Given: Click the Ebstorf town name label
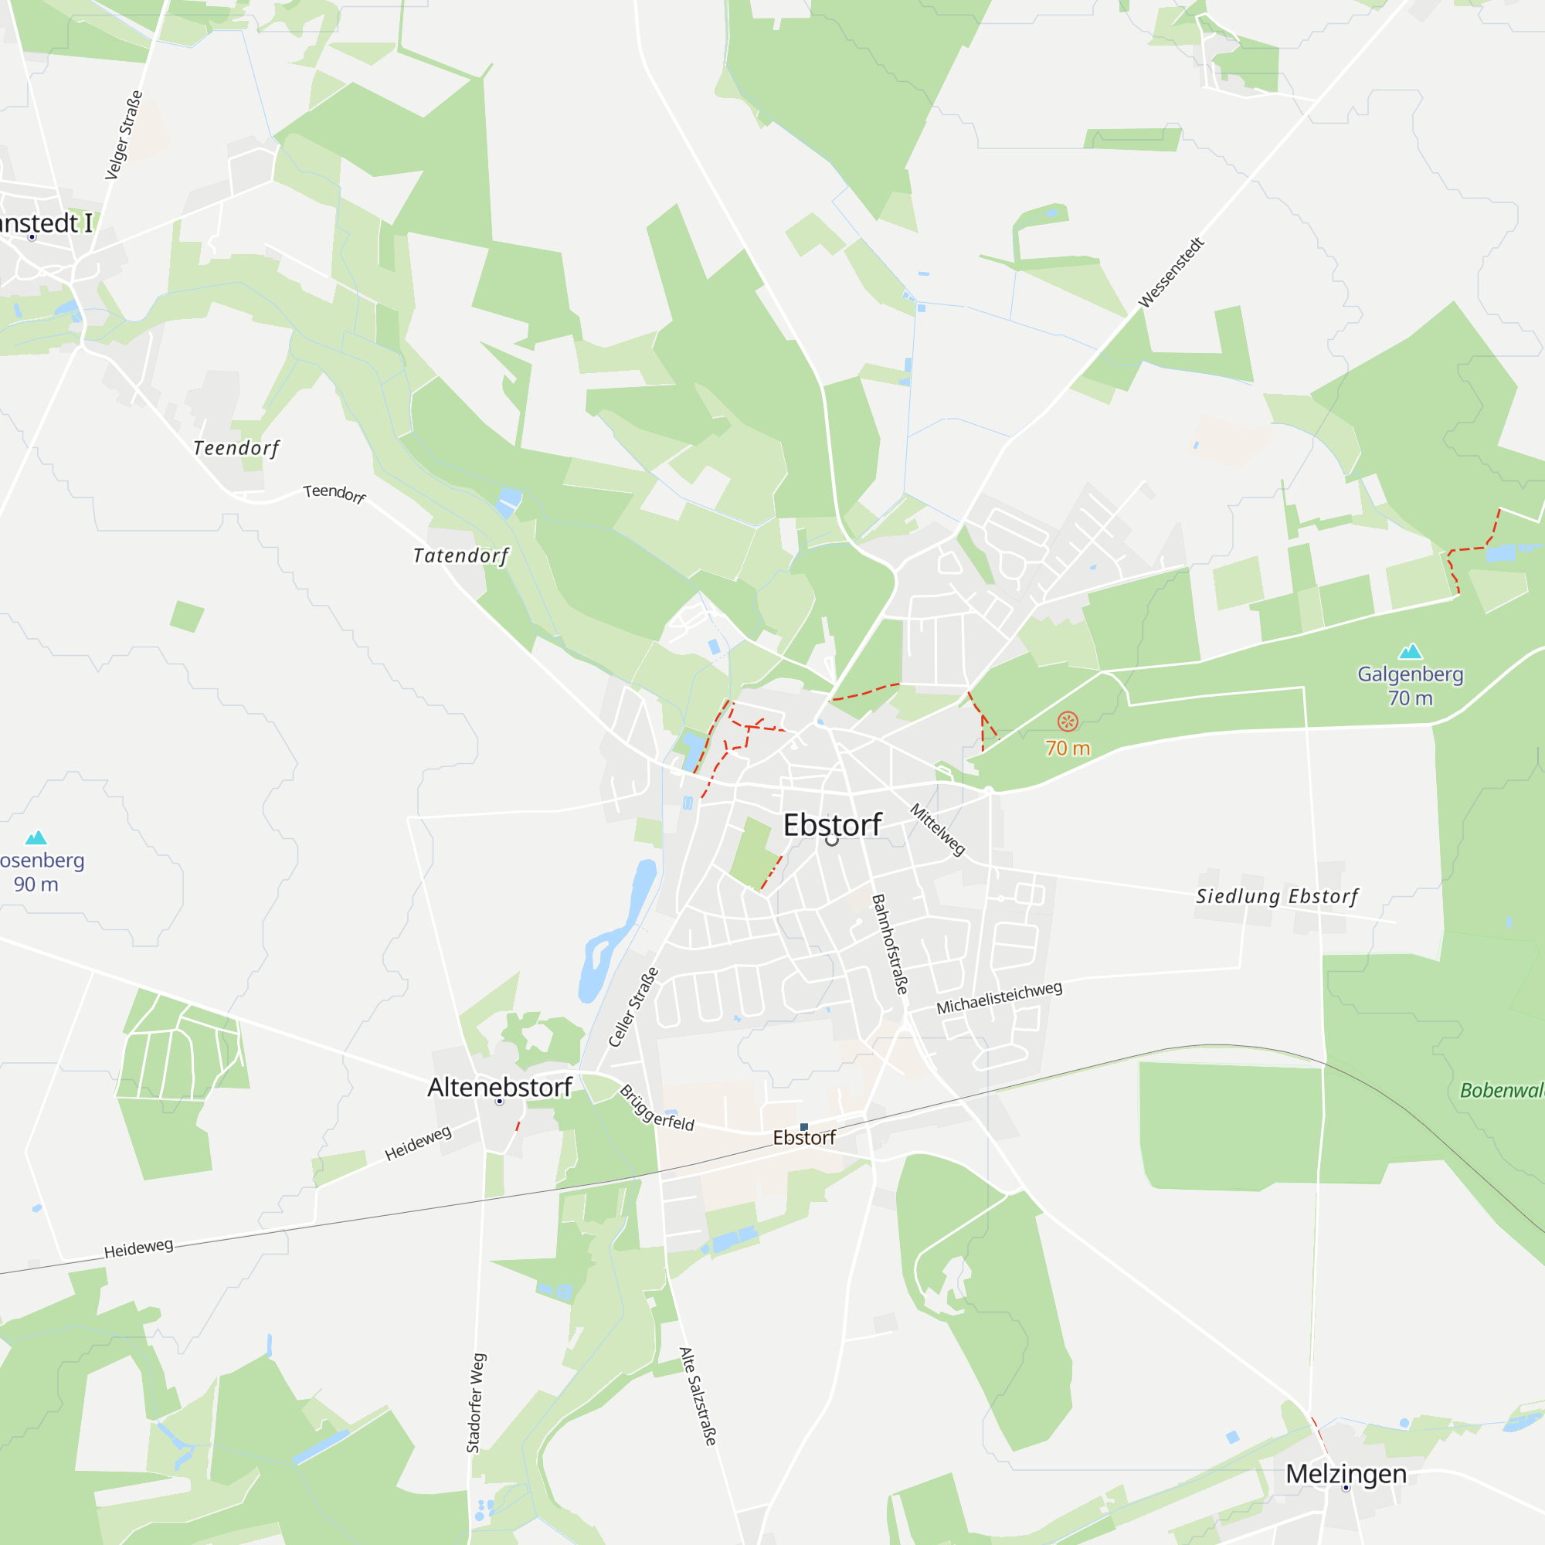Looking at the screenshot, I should tap(832, 824).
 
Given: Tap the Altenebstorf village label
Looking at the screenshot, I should tap(500, 1087).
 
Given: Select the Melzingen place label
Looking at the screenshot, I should tap(1346, 1473).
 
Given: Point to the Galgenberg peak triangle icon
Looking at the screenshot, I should tap(1410, 651).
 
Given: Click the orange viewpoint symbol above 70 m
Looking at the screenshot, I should tap(1068, 722).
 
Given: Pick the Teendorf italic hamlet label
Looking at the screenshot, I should tap(236, 448).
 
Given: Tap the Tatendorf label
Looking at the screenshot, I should tap(460, 555).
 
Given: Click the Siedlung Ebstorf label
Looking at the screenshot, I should tap(1277, 896).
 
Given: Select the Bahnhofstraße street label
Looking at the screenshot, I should tap(890, 944).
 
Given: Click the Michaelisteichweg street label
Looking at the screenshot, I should tap(1000, 998).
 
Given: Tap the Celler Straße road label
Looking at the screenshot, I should tap(633, 1007).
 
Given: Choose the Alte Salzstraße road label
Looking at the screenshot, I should tap(698, 1395).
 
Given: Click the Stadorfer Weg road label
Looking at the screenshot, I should tap(476, 1403).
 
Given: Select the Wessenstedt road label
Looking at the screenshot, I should tap(1171, 272).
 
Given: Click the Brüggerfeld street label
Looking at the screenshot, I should tap(657, 1109).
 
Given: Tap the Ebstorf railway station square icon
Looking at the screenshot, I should tap(804, 1127).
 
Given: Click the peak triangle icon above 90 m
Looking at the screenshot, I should tap(36, 838).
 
